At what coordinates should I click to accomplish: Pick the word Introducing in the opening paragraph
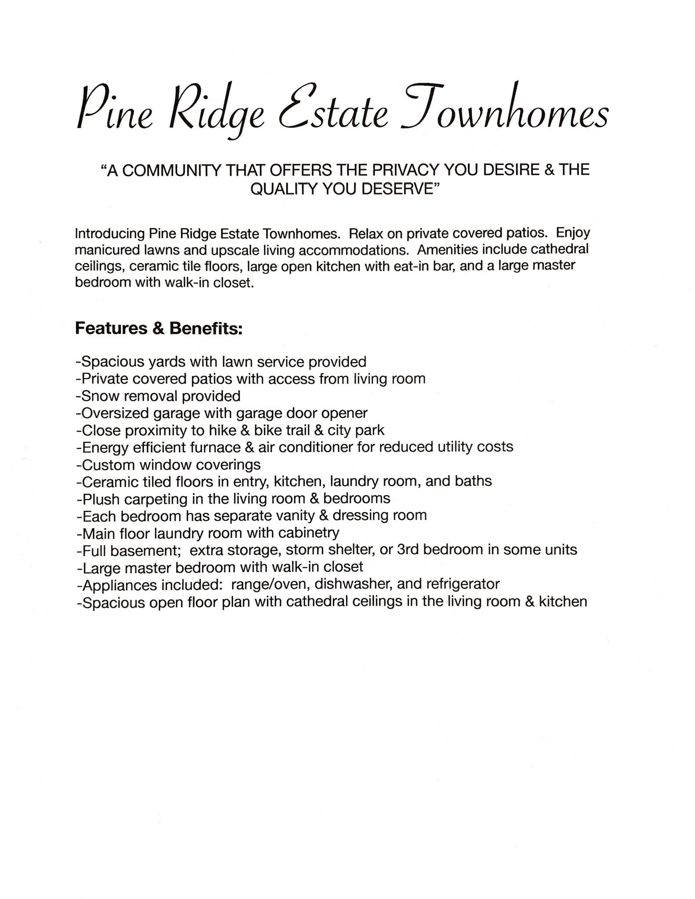coord(110,233)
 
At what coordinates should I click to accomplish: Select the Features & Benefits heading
coord(158,328)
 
